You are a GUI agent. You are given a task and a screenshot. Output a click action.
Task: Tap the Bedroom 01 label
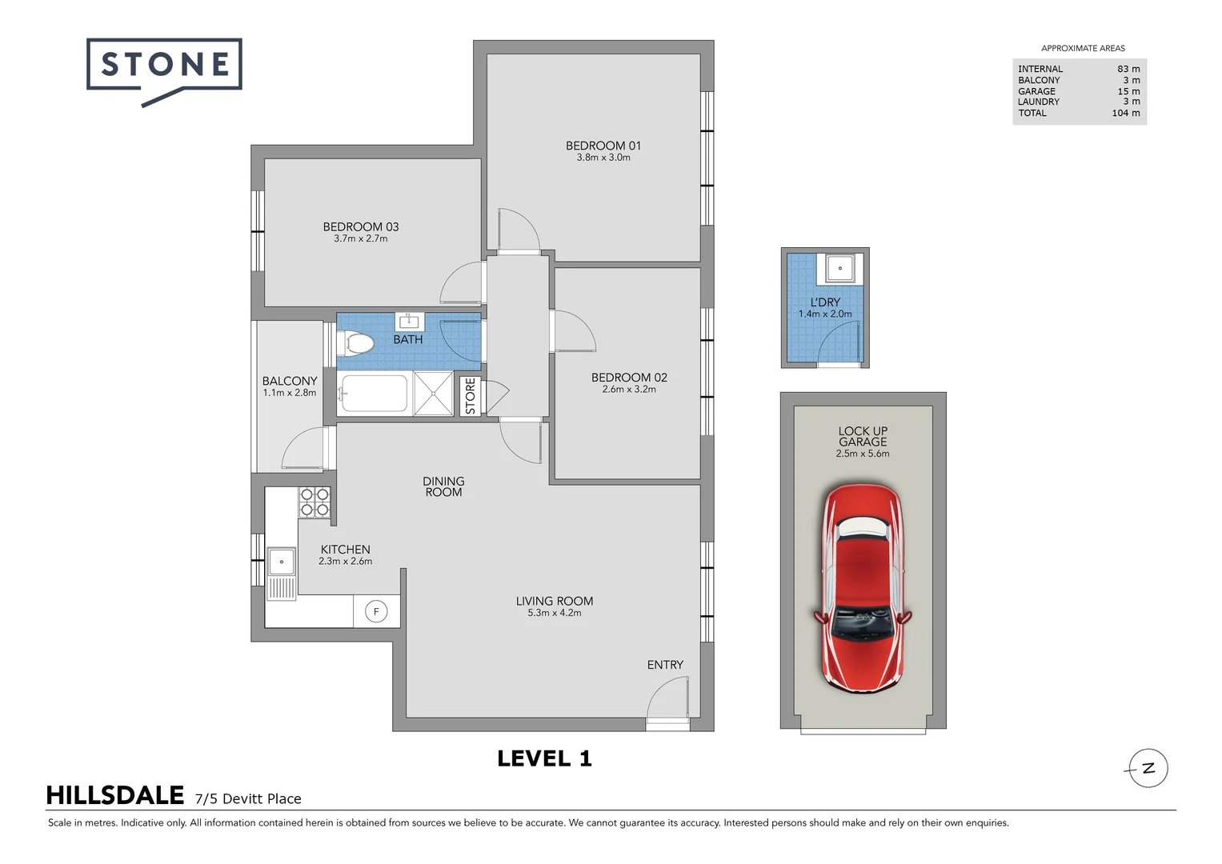(x=603, y=146)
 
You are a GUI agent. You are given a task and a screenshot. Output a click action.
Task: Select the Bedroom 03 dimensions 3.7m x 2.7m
(x=360, y=238)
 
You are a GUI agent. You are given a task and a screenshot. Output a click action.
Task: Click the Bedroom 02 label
(x=629, y=378)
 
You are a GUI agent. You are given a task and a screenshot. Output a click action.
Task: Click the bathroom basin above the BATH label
(x=410, y=322)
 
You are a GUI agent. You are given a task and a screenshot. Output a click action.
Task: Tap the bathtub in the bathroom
(x=373, y=394)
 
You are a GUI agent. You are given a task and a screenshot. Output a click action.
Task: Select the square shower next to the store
(x=434, y=394)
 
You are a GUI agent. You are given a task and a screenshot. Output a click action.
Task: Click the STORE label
(x=471, y=396)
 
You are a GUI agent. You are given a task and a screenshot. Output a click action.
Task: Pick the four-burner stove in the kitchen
(x=315, y=502)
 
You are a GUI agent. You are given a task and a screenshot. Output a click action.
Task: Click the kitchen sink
(x=281, y=562)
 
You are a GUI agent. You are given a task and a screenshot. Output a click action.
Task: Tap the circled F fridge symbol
(x=376, y=612)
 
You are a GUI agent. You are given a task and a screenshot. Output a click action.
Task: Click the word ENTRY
(x=665, y=665)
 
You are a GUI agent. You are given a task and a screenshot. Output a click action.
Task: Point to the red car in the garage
(x=863, y=588)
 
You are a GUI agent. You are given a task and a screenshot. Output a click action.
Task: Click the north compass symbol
(x=1148, y=769)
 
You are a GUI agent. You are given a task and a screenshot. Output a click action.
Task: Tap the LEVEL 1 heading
(x=544, y=759)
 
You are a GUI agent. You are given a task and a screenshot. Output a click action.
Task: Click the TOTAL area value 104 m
(x=1125, y=113)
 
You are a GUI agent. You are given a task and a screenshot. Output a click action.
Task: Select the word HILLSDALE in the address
(x=115, y=796)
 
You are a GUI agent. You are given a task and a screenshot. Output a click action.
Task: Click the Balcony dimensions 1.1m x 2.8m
(x=290, y=393)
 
